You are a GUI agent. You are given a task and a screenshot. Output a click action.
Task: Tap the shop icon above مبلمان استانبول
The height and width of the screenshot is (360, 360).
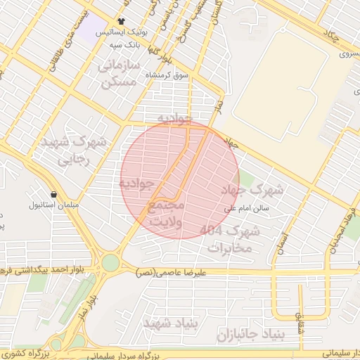coord(54,194)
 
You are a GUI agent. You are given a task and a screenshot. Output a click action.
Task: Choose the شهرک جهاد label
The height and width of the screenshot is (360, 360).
coord(257,189)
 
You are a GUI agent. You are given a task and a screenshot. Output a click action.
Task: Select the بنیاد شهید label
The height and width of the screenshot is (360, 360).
coord(167,322)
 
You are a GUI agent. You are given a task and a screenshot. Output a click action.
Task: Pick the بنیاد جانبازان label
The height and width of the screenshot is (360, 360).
coord(250,332)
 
